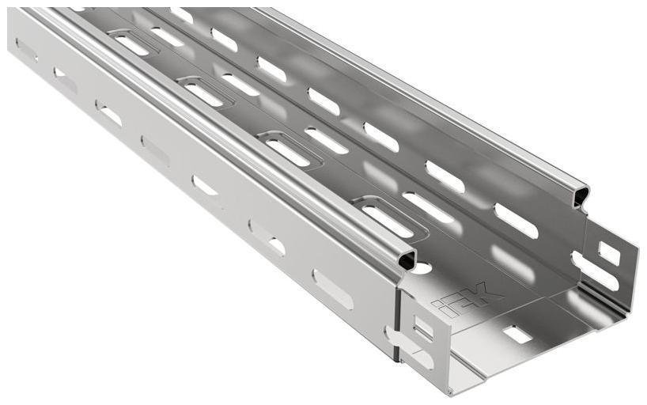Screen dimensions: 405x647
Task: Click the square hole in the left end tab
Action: pos(419,325)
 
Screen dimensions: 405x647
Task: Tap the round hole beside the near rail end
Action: pos(422,268)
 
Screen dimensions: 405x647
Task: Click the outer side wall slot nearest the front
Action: pos(332,289)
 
